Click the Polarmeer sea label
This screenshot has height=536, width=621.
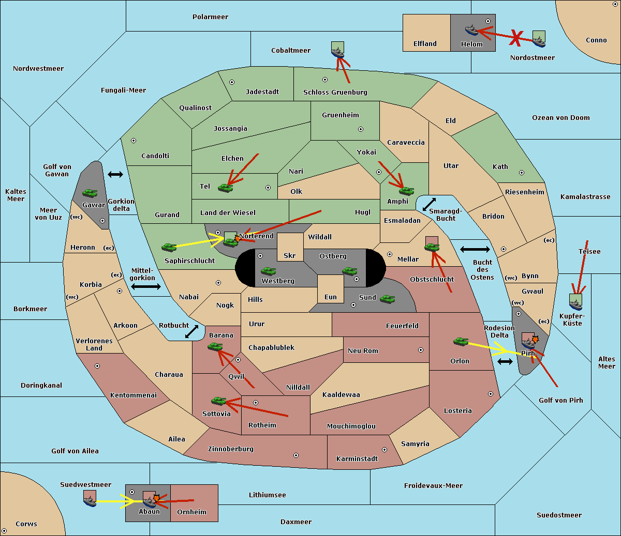tap(210, 17)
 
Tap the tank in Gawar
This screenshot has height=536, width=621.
tap(90, 193)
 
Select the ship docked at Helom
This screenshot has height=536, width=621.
tap(471, 30)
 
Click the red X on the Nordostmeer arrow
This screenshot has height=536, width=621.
tap(516, 39)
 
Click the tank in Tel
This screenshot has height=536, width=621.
tap(225, 188)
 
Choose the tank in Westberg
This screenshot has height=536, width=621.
tap(268, 271)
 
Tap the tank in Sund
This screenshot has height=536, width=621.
tap(387, 299)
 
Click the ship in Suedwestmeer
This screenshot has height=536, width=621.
tap(90, 501)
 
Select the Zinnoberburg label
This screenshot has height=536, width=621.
tap(231, 449)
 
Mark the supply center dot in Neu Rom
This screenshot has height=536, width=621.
tap(421, 350)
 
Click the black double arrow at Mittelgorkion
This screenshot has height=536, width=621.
tap(146, 286)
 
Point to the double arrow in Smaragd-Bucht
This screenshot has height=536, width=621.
tap(429, 204)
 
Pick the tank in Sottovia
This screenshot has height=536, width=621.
tap(219, 401)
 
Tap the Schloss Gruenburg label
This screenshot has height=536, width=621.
tap(335, 92)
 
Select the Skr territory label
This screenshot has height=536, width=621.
tap(290, 255)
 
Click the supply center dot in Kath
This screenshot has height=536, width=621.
tap(522, 173)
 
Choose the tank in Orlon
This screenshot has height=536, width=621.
tap(461, 342)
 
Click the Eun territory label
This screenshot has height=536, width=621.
tap(331, 297)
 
